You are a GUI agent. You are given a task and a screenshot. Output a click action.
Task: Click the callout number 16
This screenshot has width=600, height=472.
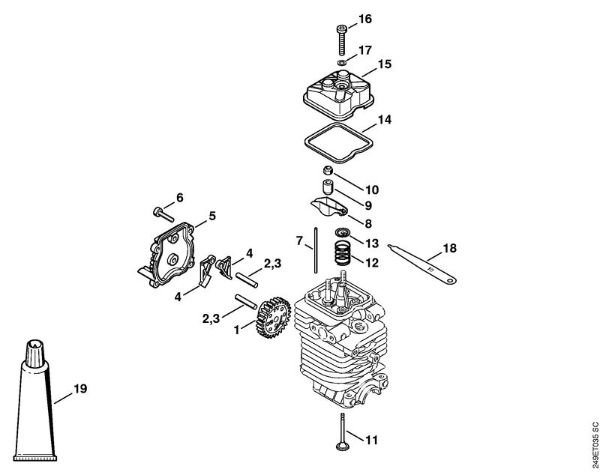coord(365,18)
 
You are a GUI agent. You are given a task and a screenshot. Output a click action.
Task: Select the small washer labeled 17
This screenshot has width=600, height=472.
coord(342,62)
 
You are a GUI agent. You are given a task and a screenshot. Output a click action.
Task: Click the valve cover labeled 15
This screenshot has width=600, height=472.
coord(338,93)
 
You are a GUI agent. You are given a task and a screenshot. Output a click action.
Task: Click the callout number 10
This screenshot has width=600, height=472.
coord(371,189)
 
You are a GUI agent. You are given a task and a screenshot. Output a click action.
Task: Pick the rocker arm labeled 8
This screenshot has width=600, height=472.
coord(328,207)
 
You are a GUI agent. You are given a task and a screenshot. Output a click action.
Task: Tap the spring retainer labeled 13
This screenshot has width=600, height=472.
coord(342,232)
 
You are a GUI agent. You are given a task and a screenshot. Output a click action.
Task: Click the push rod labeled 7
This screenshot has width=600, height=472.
coord(315,251)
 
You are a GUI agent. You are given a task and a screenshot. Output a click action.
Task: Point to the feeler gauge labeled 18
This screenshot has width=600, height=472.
coord(422,265)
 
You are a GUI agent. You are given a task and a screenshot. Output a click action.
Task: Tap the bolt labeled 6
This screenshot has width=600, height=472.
coord(163,214)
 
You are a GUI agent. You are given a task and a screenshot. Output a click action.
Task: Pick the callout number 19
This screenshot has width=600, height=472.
coord(80,389)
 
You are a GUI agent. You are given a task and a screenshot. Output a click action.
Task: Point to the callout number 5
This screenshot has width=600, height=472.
coord(212,216)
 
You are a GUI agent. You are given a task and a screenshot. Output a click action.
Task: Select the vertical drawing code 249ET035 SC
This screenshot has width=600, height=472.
coord(594,444)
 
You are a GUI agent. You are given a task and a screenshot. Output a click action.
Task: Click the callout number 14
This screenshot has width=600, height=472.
coord(385,120)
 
